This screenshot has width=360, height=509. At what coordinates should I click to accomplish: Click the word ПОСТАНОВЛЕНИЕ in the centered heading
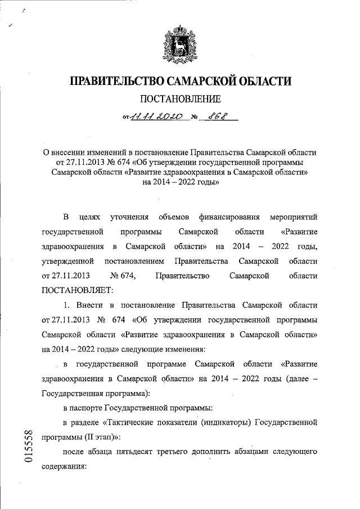[180, 100]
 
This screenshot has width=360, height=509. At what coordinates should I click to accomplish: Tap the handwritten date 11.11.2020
[155, 118]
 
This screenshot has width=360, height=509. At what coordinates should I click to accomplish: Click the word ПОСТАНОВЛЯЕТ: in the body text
[78, 290]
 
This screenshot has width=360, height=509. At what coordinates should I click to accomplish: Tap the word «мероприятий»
[293, 217]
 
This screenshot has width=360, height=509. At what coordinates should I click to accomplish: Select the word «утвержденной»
[68, 261]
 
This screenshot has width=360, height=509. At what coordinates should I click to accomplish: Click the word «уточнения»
[129, 217]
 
